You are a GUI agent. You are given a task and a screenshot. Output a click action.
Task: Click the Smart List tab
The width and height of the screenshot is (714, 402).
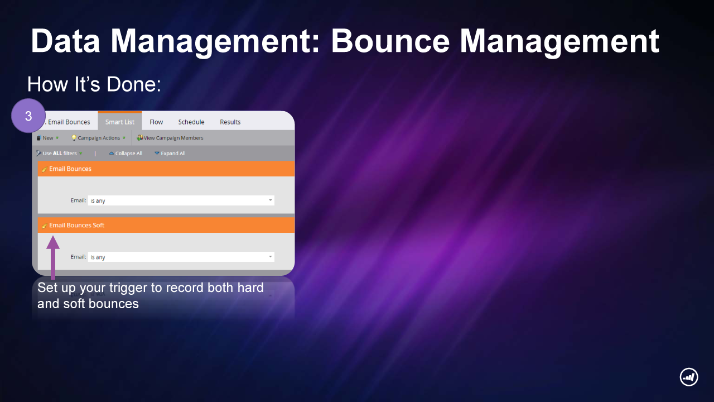click(x=120, y=122)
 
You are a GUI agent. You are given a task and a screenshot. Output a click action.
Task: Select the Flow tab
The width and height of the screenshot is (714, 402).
click(x=156, y=122)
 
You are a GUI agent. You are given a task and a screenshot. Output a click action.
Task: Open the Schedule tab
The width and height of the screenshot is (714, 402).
click(x=191, y=122)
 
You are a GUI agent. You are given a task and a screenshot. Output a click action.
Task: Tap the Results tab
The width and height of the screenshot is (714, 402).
click(x=230, y=122)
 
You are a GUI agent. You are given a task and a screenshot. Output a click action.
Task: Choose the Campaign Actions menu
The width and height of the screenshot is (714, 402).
click(x=98, y=138)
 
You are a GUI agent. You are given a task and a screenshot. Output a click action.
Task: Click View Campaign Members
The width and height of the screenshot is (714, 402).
click(x=170, y=138)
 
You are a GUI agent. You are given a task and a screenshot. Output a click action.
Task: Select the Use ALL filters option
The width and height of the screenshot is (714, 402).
click(x=59, y=153)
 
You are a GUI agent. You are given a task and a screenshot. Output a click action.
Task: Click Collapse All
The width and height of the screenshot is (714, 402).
click(x=126, y=153)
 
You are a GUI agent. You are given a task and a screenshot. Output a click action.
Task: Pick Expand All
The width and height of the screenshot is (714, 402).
click(x=170, y=153)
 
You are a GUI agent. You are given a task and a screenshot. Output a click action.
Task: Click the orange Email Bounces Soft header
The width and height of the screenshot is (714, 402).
click(x=166, y=225)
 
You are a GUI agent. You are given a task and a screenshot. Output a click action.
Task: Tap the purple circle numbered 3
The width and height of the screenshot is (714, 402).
click(x=28, y=116)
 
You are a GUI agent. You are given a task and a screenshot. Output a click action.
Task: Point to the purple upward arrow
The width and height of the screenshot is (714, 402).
click(x=53, y=257)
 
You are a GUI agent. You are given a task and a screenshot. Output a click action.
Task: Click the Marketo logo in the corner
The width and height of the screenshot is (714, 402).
click(x=689, y=377)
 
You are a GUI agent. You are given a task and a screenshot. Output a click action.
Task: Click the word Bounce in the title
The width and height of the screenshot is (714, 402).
click(x=390, y=41)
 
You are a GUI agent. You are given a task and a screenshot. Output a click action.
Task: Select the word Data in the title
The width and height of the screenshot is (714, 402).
click(x=65, y=41)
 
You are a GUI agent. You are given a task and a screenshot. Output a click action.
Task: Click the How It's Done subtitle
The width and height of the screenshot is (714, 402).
click(x=94, y=84)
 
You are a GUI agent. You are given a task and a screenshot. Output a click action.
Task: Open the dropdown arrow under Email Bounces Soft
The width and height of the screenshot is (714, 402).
click(x=271, y=256)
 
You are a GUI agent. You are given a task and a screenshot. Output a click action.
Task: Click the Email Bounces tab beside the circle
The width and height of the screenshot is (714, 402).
click(x=67, y=122)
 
